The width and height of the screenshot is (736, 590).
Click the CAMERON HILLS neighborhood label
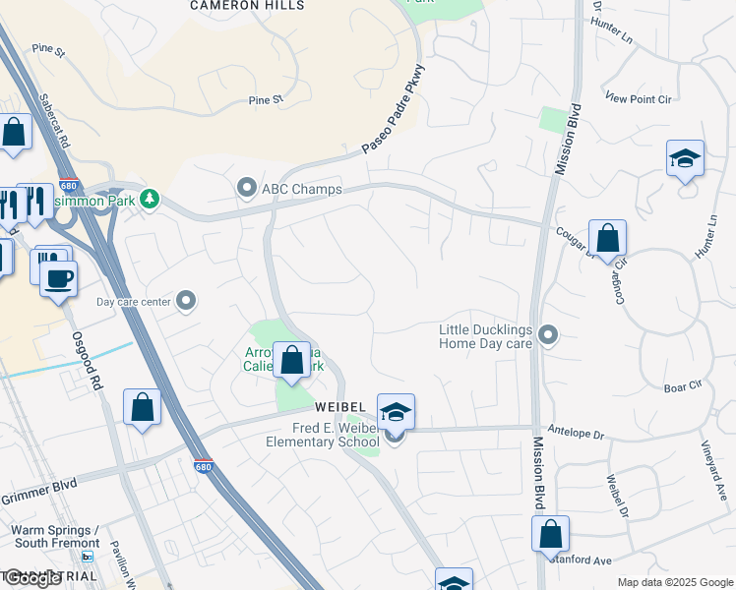pyautogui.click(x=247, y=5)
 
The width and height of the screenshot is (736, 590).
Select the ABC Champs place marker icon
pyautogui.click(x=246, y=186)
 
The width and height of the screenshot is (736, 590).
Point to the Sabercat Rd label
pyautogui.click(x=55, y=122)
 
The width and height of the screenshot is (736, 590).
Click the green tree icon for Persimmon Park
pyautogui.click(x=150, y=200)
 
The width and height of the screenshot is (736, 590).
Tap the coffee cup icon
pyautogui.click(x=59, y=278)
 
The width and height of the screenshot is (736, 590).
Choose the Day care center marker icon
pyautogui.click(x=187, y=302)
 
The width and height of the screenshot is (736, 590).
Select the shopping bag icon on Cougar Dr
pyautogui.click(x=607, y=239)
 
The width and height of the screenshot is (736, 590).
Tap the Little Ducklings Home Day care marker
pyautogui.click(x=549, y=336)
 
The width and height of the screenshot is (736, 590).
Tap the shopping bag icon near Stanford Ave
pyautogui.click(x=550, y=534)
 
